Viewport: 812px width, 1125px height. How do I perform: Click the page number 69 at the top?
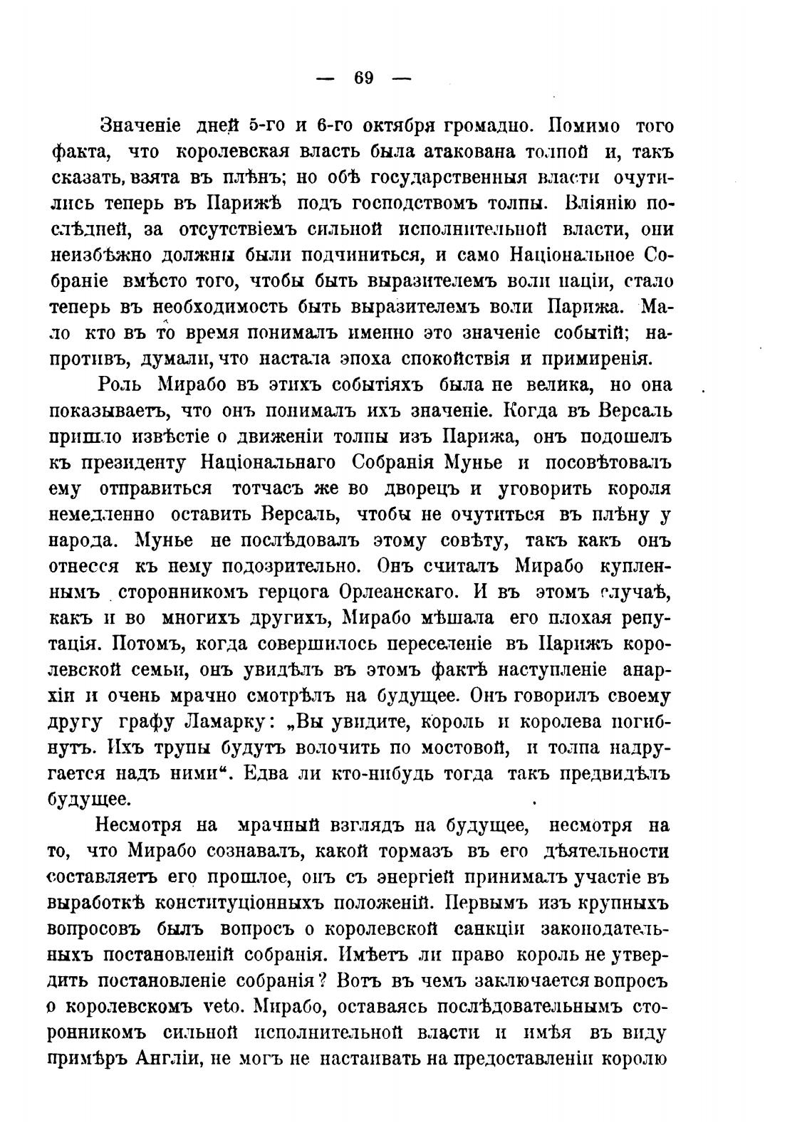click(x=363, y=78)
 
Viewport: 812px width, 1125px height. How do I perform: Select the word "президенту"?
click(x=134, y=464)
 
